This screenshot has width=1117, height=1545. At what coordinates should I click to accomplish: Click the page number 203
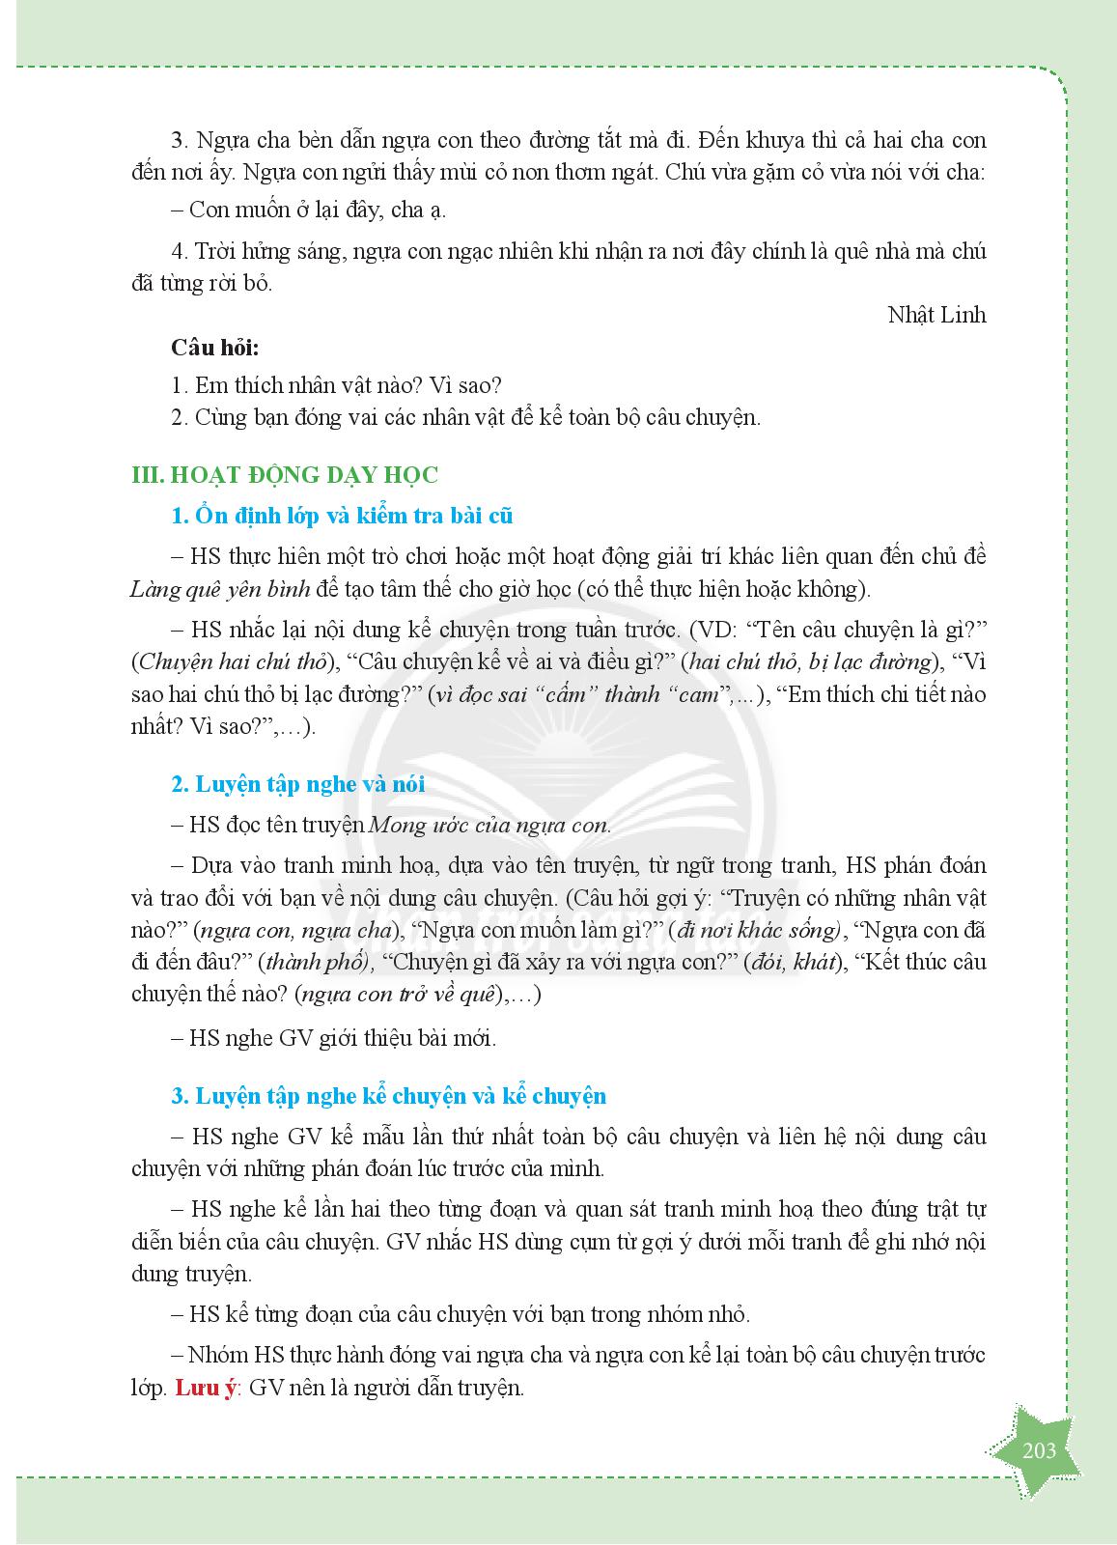point(1038,1450)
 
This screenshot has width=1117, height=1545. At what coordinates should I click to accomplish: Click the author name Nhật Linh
point(936,316)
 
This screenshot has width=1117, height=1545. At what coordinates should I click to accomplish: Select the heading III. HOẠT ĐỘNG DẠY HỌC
point(284,475)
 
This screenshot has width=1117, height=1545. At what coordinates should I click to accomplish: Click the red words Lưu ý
point(205,1390)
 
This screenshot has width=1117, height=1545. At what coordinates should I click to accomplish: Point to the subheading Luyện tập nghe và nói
point(297,784)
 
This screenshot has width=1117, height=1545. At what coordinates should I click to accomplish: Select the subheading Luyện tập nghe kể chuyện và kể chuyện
point(388,1096)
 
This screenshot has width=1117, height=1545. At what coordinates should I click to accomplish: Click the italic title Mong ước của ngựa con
point(489,826)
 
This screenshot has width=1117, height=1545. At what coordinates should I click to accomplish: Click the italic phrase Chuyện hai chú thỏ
point(230,662)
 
